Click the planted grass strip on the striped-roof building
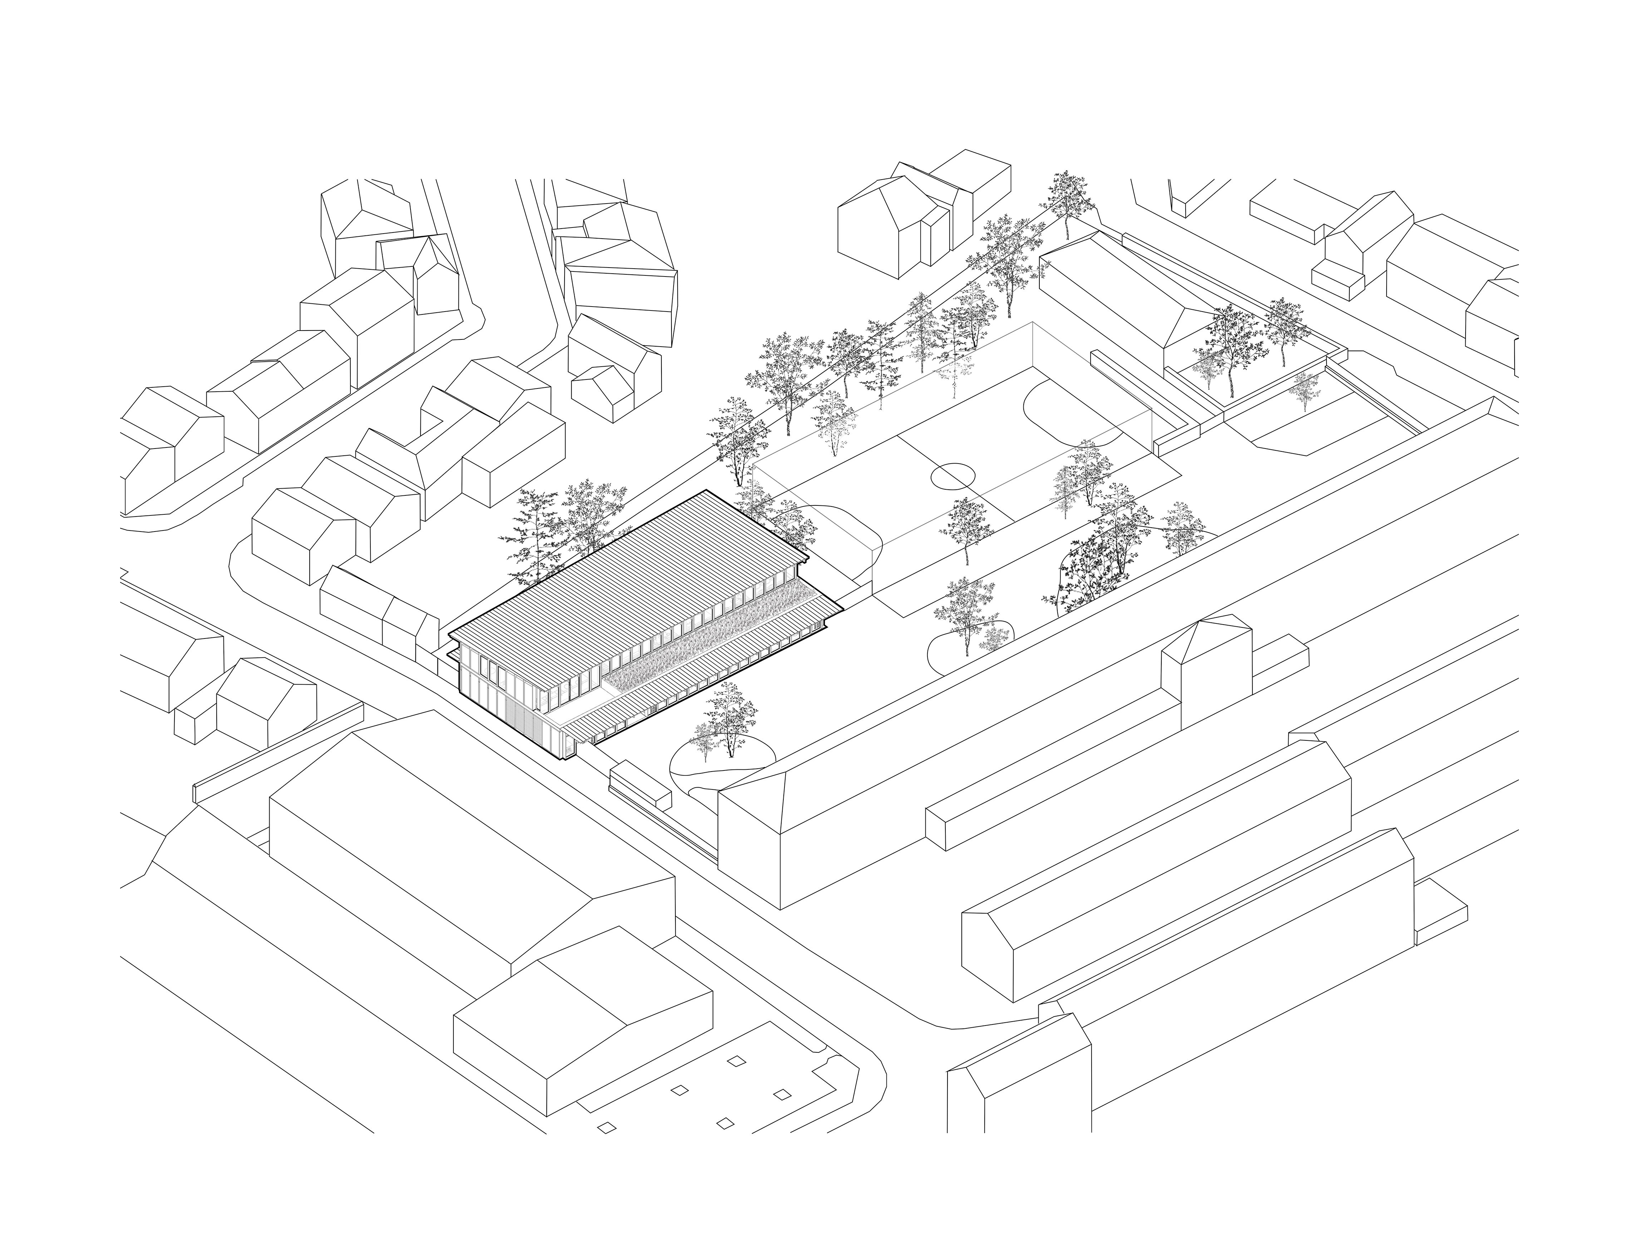coord(711,641)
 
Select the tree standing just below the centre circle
coord(967,530)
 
